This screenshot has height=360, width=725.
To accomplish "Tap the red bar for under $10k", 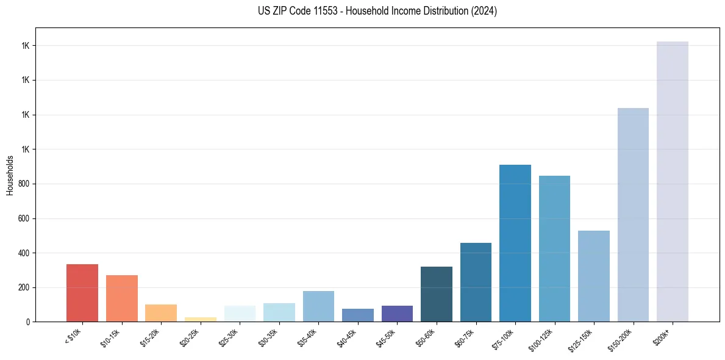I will tap(82, 293).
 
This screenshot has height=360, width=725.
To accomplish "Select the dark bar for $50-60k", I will tap(436, 294).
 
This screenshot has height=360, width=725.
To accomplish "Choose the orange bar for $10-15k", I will tap(121, 298).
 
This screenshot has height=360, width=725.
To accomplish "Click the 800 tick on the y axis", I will tap(25, 184).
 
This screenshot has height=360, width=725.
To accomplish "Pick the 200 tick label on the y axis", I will tap(25, 287).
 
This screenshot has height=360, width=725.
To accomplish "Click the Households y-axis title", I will tap(10, 175).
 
